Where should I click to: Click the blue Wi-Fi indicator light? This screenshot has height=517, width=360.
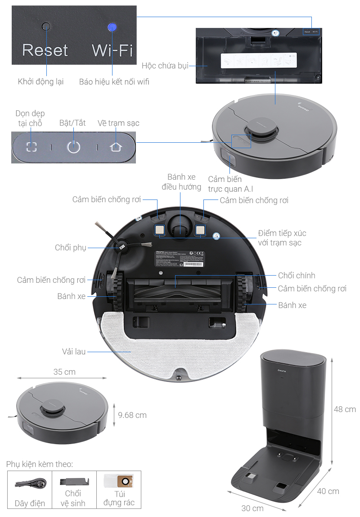112,27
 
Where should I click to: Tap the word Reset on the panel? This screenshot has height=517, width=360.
45,50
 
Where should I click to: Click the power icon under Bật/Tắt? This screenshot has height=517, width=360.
73,147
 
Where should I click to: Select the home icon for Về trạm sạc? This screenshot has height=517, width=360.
116,146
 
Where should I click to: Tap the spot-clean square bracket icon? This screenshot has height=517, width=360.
31,147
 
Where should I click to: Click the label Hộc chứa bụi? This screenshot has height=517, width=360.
165,66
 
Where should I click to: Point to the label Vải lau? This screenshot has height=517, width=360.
74,351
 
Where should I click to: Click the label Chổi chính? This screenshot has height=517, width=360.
297,275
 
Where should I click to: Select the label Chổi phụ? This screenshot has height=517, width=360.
70,248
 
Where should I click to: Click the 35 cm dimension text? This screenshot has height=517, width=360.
64,372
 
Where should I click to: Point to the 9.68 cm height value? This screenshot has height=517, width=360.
132,415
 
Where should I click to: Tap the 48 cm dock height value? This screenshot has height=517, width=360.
345,409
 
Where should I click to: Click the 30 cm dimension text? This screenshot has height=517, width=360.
252,508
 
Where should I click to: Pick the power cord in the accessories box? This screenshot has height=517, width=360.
29,484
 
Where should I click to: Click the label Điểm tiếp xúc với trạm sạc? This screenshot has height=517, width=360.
282,238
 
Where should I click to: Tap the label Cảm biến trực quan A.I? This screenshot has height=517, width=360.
230,184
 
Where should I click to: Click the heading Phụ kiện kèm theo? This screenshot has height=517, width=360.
40,464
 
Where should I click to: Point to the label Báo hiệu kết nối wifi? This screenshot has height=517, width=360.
114,82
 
